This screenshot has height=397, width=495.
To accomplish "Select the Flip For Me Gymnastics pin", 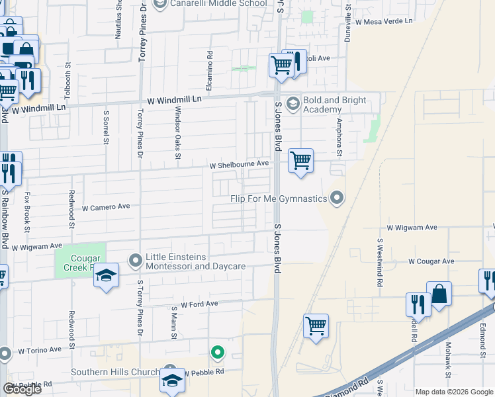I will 337,198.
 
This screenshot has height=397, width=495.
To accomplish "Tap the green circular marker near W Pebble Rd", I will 216,353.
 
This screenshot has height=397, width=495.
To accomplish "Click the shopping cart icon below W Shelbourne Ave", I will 300,160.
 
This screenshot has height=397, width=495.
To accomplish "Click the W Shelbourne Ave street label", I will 239,163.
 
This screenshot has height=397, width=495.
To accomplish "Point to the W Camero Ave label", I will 106,206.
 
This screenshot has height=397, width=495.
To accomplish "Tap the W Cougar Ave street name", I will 431,261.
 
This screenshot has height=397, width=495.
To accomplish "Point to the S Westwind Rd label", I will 380,263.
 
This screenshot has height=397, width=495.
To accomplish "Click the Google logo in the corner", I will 21,389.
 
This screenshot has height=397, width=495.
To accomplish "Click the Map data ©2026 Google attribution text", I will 453,392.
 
